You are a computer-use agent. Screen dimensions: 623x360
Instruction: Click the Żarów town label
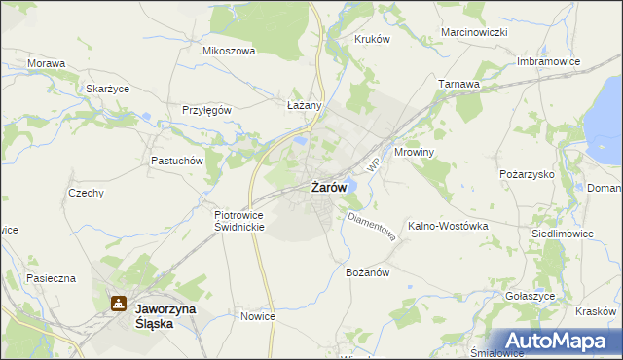pos(329,187)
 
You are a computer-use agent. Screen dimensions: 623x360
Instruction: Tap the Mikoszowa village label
pos(228,51)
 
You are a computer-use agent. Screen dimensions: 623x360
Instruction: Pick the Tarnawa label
pos(459,84)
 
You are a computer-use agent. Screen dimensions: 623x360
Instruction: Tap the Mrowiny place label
pos(421,153)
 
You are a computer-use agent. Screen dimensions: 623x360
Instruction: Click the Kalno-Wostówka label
pos(448,225)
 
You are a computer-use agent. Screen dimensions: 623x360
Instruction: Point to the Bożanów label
pos(368,272)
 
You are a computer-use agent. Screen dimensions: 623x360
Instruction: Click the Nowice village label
pos(258,316)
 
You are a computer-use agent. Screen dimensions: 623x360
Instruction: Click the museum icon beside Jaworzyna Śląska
pos(118,304)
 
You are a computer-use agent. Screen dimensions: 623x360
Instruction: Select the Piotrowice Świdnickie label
pos(239,220)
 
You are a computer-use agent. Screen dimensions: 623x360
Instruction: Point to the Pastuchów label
pos(175,161)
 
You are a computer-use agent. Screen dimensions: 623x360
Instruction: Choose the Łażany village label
pos(305,104)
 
